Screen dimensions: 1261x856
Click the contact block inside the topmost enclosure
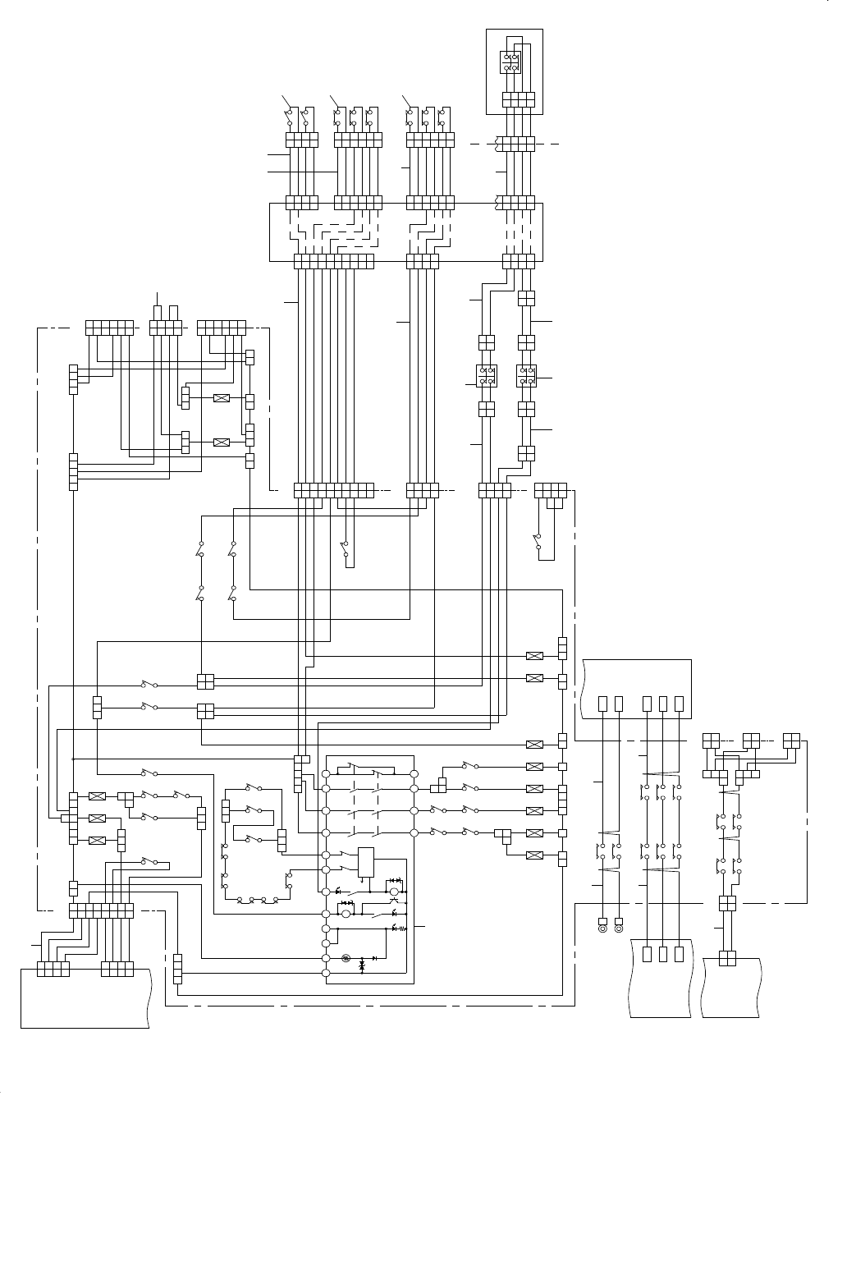(510, 63)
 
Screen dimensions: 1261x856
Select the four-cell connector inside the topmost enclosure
(518, 99)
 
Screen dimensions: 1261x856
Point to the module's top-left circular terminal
(326, 773)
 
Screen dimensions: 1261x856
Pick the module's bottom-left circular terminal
(326, 974)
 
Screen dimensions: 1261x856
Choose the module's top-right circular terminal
(414, 773)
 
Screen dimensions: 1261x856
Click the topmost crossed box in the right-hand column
(534, 656)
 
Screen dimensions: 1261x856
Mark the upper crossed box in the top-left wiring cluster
(221, 398)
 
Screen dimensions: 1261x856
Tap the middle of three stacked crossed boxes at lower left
(97, 819)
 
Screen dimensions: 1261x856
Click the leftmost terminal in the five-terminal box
(603, 704)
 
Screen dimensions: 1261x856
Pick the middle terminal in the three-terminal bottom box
(661, 954)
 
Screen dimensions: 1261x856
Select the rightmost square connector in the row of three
(792, 739)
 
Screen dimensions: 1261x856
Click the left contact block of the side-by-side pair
(486, 376)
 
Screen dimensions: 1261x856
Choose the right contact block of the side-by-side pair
(527, 376)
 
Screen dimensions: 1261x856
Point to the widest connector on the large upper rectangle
(334, 261)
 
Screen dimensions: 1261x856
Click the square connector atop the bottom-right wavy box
(727, 958)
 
